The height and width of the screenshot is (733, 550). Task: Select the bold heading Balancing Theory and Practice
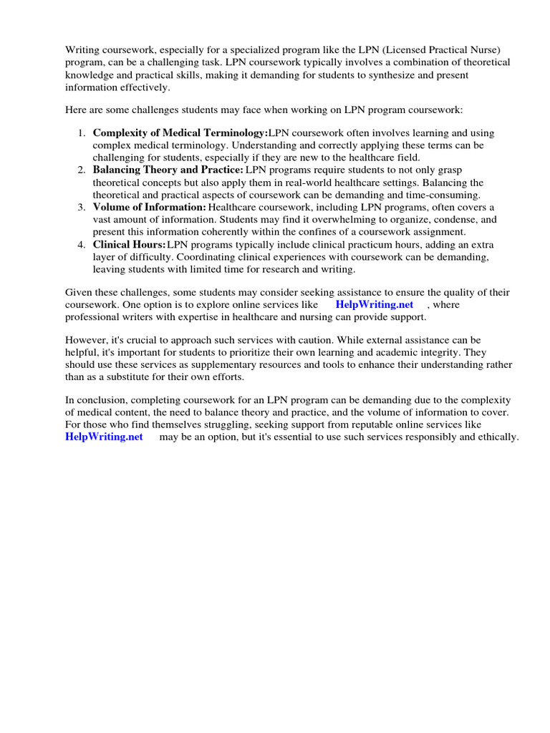[x=168, y=170]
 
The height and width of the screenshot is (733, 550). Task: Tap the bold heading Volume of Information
[x=150, y=208]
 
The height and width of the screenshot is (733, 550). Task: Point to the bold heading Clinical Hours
[x=129, y=245]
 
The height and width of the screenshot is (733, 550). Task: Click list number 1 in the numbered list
[x=82, y=134]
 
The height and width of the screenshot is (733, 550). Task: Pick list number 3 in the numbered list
[x=82, y=208]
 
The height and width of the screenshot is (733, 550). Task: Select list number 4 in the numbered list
[x=82, y=245]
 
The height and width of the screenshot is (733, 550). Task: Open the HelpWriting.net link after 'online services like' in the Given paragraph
[x=375, y=304]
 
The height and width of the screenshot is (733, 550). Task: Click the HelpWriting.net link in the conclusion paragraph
[x=105, y=437]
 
